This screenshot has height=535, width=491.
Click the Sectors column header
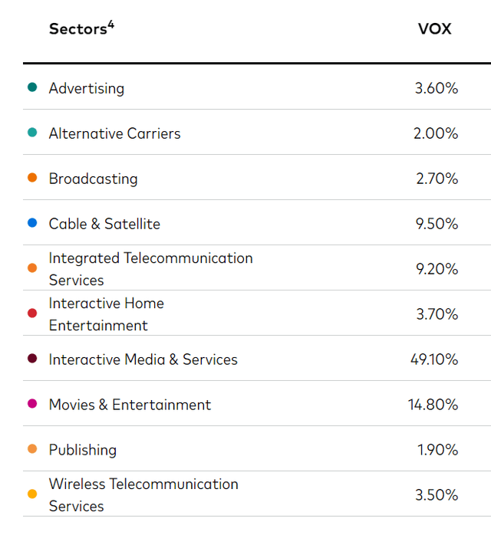coord(77,29)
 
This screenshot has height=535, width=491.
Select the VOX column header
coord(434,29)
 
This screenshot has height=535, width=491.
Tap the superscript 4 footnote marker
coord(110,25)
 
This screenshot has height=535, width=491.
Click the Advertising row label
coord(86,88)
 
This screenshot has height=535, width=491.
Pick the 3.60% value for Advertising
coord(436,88)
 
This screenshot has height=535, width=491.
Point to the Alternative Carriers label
coord(114,133)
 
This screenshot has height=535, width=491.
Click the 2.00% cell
coord(436,133)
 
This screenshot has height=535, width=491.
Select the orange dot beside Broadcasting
coord(31,178)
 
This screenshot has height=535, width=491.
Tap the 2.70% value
coord(436,179)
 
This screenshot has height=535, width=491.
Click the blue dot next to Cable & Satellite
coord(31,223)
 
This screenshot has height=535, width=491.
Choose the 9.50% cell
coord(436,224)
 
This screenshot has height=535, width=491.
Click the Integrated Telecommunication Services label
coord(150,269)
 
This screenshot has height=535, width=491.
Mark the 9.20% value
coord(436,269)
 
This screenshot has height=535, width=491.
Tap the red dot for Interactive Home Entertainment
coord(31,313)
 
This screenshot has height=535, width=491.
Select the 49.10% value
coord(432,359)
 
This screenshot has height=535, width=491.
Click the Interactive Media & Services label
coord(143,359)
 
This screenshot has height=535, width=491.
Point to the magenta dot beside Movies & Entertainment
coord(31,404)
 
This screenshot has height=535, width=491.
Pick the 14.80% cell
coord(432,405)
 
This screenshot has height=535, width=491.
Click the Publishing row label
coord(82,450)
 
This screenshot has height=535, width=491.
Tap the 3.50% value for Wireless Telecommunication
coord(436,495)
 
